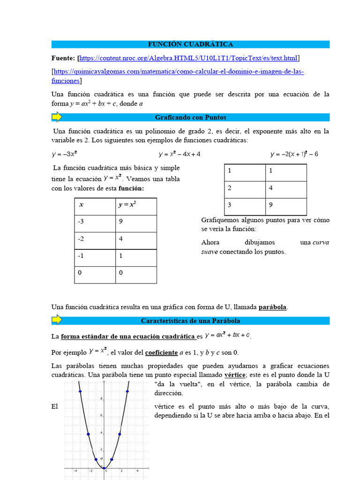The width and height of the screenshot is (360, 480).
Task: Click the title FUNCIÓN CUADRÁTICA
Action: (190, 45)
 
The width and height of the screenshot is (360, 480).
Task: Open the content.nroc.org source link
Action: (188, 58)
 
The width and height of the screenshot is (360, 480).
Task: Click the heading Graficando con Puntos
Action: (190, 118)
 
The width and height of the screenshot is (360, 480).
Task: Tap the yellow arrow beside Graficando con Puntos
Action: (56, 117)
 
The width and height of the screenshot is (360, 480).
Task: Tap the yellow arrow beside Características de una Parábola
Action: (56, 321)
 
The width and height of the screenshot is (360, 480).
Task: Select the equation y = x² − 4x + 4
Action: (182, 154)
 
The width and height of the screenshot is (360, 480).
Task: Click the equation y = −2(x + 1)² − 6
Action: (294, 154)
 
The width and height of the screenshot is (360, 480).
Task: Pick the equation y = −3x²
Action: (64, 154)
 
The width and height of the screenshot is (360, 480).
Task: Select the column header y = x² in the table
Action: (127, 205)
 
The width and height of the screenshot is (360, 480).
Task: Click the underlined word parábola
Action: (272, 307)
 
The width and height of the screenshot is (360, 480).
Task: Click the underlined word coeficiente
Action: (161, 352)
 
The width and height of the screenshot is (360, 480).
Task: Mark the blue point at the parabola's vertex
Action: (104, 468)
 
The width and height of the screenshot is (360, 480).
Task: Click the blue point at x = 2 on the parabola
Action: (120, 434)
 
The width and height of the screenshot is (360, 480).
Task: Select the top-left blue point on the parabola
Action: (80, 391)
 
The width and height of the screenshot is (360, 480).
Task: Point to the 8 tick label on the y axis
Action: (101, 399)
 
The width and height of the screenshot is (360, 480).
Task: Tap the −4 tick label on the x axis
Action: (74, 471)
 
